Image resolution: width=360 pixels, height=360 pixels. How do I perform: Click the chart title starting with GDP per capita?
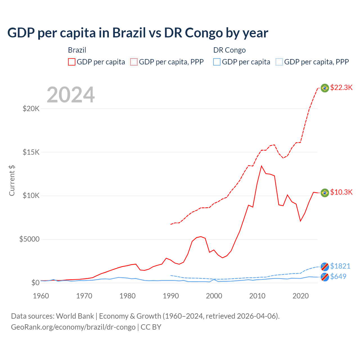[x=138, y=33]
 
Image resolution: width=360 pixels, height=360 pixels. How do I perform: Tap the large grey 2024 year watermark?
[x=71, y=95]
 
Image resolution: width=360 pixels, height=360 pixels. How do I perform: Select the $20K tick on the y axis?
[x=31, y=109]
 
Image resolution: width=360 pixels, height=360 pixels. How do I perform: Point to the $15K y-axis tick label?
[x=31, y=152]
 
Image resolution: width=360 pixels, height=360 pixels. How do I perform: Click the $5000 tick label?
[x=29, y=239]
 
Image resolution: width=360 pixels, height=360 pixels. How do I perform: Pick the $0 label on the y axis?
[x=35, y=283]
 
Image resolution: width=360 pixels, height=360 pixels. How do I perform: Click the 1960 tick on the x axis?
[x=41, y=296]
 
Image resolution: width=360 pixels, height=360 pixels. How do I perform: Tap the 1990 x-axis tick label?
[x=171, y=296]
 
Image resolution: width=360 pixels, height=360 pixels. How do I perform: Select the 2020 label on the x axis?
[x=300, y=296]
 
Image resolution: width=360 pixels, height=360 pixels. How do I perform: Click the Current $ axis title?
[x=12, y=180]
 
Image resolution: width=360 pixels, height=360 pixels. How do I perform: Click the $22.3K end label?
[x=341, y=88]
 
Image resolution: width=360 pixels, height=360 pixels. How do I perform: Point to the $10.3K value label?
[x=341, y=192]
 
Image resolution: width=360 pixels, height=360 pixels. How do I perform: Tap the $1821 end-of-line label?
[x=340, y=266]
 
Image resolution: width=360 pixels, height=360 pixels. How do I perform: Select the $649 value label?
[x=338, y=277]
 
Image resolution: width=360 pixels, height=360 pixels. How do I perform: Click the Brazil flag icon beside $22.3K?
[x=325, y=88]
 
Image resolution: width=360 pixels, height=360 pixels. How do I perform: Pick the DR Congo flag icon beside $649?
[x=325, y=277]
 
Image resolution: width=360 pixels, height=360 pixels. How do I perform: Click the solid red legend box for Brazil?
[x=72, y=62]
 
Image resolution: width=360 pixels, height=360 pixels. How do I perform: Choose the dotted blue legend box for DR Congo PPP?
[x=279, y=62]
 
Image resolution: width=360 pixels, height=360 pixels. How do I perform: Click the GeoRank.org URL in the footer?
[x=73, y=327]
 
